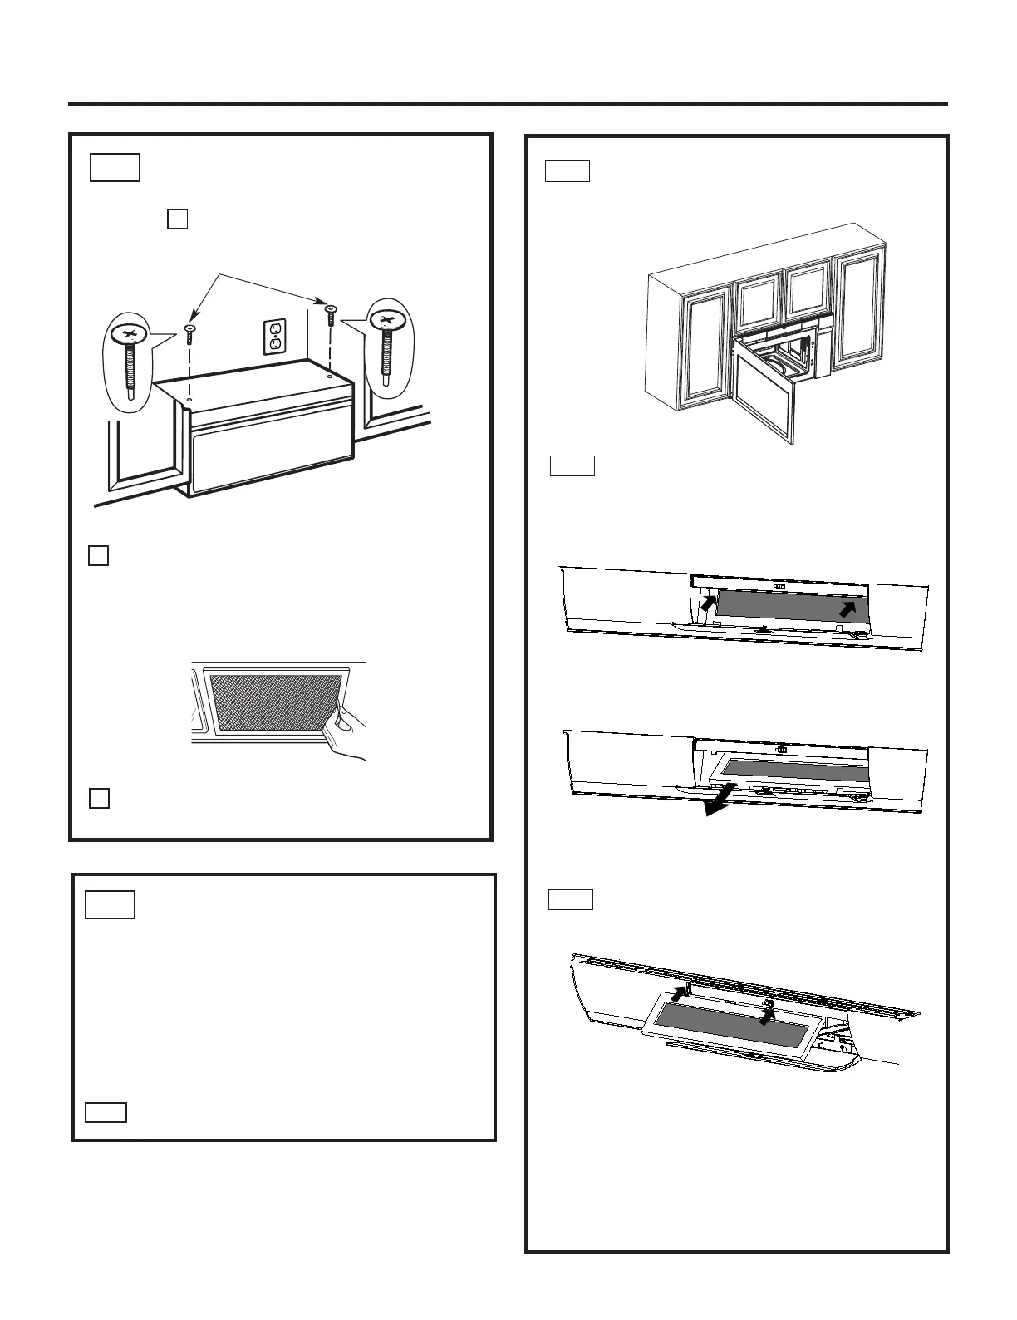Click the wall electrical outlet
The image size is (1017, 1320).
(x=275, y=336)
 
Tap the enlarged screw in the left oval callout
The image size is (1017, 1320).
(x=130, y=357)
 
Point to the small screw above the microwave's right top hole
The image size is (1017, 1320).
(x=331, y=317)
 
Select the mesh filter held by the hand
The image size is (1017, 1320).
(x=274, y=702)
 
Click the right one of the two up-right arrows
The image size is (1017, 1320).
(x=848, y=609)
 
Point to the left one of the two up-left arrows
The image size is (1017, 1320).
(x=680, y=992)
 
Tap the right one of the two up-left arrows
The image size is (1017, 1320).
(x=769, y=1013)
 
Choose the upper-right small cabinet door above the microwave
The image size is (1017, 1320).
(x=808, y=293)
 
